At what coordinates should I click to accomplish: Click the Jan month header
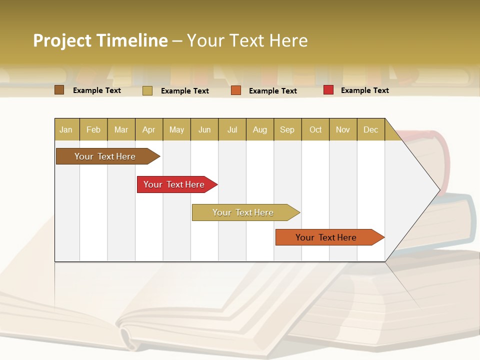coord(66,129)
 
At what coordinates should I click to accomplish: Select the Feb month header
coord(93,129)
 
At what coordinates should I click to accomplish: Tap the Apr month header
coord(149,129)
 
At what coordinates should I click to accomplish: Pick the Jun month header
coord(204,129)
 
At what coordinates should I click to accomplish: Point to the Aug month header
coord(260,129)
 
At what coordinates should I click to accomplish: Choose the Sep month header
coord(287,129)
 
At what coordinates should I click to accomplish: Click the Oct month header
coord(315,129)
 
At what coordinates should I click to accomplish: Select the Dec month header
coord(371,129)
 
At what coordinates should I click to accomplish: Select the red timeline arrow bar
coord(175,184)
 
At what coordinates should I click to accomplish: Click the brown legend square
coord(59,90)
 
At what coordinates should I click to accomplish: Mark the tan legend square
coord(147,90)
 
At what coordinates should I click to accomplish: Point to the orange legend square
coord(236,90)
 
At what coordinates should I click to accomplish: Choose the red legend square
coord(328,90)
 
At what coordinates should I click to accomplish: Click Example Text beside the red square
coord(364,90)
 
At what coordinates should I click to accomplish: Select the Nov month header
coord(343,129)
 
